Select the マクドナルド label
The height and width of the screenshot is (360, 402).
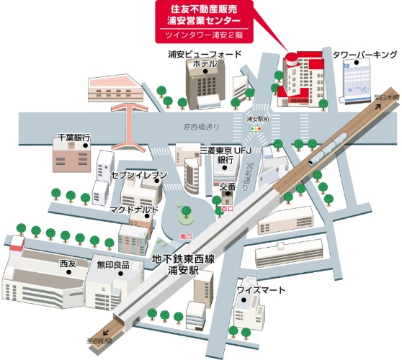134,210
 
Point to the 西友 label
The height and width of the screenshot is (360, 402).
68,264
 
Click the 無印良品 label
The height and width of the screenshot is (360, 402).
113,265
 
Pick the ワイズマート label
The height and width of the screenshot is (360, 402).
262,290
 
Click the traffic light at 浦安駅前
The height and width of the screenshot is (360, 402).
256,127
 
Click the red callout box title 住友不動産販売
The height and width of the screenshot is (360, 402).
205,9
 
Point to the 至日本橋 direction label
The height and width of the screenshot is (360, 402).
385,96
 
